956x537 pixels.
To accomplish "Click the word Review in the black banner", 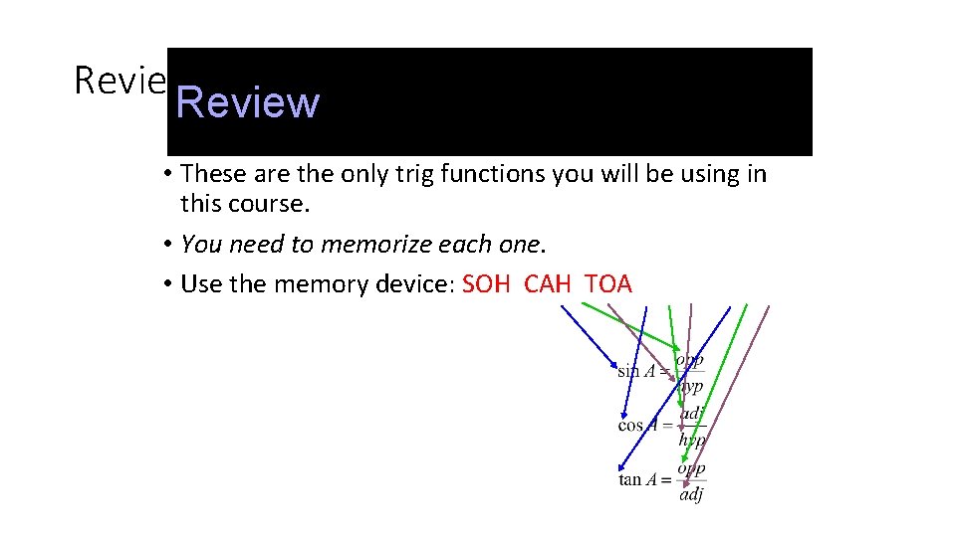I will pos(248,102).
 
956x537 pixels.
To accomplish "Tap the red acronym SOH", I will pos(486,284).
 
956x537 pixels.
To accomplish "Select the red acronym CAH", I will pos(547,284).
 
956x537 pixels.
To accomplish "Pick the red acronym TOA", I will pos(608,284).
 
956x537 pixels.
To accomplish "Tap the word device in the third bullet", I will pos(411,284).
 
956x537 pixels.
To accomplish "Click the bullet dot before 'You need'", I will pos(169,244).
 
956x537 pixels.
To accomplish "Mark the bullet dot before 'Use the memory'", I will pos(169,284).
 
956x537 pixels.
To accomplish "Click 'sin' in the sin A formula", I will pos(627,372).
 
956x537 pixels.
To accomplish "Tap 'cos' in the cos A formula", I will pos(629,426).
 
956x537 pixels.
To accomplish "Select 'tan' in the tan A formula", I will pos(629,480).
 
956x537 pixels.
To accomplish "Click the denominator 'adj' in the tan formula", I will pos(691,493).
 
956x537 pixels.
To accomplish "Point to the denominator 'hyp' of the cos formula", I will pos(692,439).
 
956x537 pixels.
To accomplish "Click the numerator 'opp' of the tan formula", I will pos(691,467).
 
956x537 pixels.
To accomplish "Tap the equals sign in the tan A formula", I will pos(665,480).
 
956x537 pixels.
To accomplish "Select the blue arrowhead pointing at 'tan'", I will pos(620,468).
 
